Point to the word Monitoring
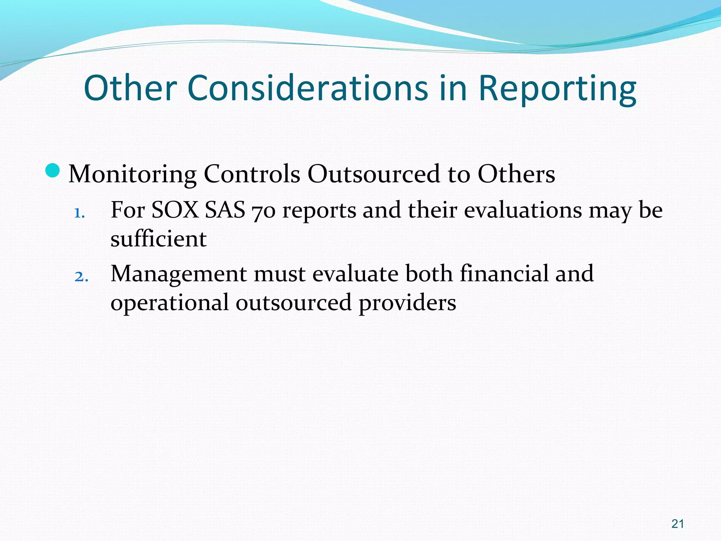click(132, 174)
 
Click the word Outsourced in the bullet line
click(374, 174)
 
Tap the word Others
click(516, 174)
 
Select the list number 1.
click(79, 213)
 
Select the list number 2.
click(81, 277)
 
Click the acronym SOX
click(175, 210)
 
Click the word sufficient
click(158, 239)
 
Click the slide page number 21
click(677, 524)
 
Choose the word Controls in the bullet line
click(252, 174)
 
